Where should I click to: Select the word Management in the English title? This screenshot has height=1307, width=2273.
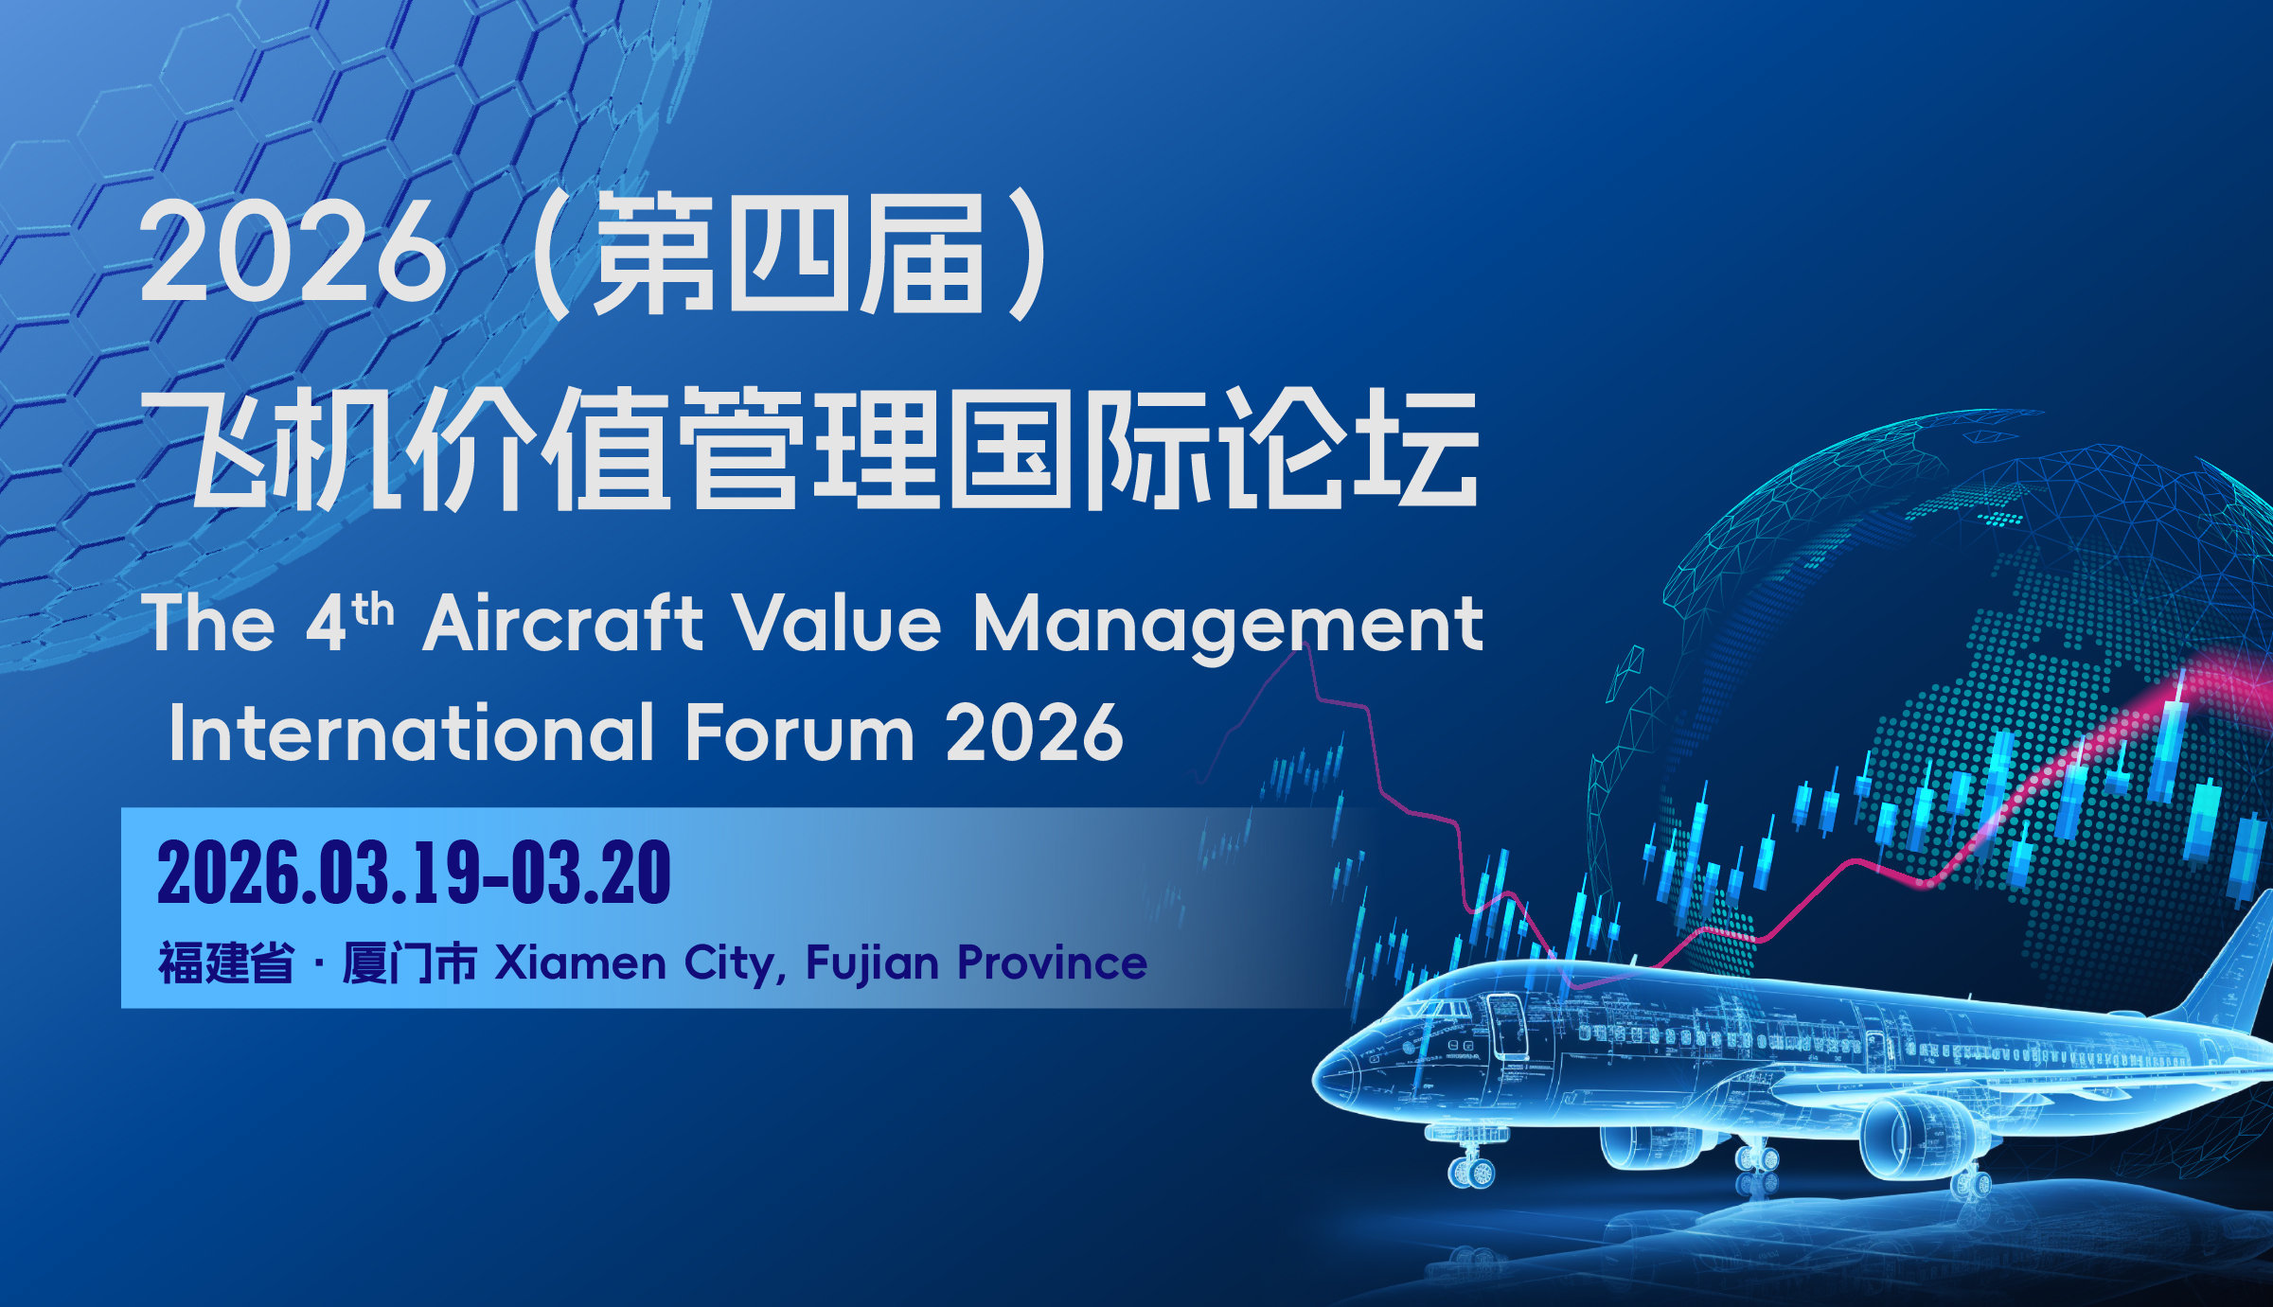(x=1228, y=627)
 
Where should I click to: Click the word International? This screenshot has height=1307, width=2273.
(x=412, y=733)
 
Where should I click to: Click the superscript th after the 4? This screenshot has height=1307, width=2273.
(x=373, y=609)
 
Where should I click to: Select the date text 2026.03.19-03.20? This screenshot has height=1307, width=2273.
(x=414, y=873)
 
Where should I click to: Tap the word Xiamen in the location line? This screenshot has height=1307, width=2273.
(x=581, y=963)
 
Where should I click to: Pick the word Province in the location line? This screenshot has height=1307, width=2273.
(x=1053, y=963)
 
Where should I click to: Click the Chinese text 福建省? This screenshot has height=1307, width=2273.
(x=226, y=963)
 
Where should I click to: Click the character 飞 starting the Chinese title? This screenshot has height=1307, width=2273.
(x=205, y=449)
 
